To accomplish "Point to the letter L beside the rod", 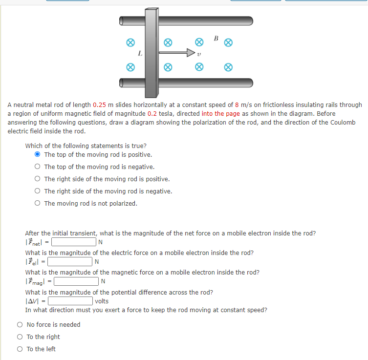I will [x=140, y=54].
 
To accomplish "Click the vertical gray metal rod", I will [x=151, y=54].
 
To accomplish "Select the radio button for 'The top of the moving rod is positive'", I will [x=38, y=154].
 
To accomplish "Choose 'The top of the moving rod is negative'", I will [x=38, y=167].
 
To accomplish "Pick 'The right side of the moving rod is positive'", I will [x=38, y=179].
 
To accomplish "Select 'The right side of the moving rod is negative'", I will [x=38, y=191].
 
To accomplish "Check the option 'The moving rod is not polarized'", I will [x=38, y=203].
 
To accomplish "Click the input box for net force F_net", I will [x=74, y=242].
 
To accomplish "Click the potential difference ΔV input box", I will [x=70, y=301].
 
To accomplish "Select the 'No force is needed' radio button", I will [x=20, y=324].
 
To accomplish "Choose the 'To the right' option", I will [x=20, y=337].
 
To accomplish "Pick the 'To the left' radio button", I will [x=20, y=349].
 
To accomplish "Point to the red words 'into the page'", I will [x=220, y=113].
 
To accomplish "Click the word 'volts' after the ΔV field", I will [x=102, y=301].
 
